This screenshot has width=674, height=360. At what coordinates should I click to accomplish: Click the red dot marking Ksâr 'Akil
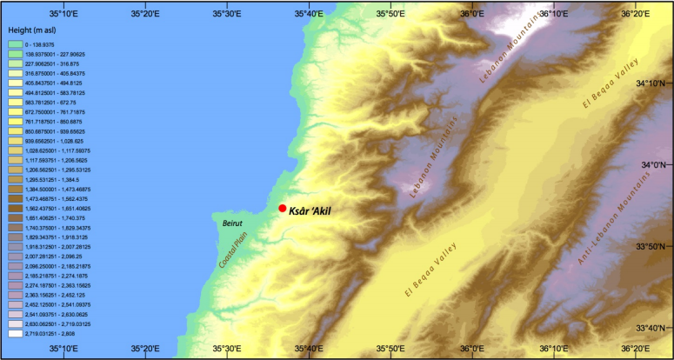(283, 208)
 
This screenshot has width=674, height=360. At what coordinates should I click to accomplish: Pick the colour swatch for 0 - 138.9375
(15, 43)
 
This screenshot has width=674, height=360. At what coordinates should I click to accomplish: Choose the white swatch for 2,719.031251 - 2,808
(15, 332)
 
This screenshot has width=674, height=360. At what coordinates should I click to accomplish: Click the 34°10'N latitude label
(653, 83)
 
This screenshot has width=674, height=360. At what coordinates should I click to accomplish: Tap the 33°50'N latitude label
(653, 246)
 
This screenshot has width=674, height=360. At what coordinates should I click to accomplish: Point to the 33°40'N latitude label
(653, 328)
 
